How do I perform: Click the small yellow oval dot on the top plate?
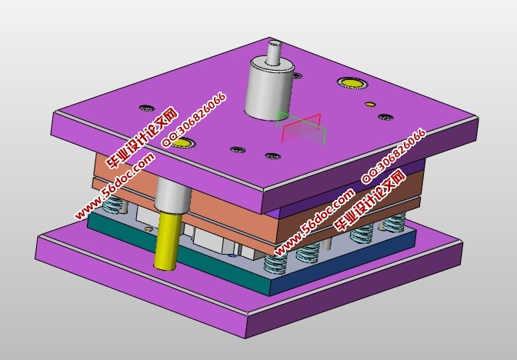(370, 104)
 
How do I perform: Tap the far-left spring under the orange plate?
(114, 207)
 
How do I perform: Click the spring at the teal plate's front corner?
(275, 262)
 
